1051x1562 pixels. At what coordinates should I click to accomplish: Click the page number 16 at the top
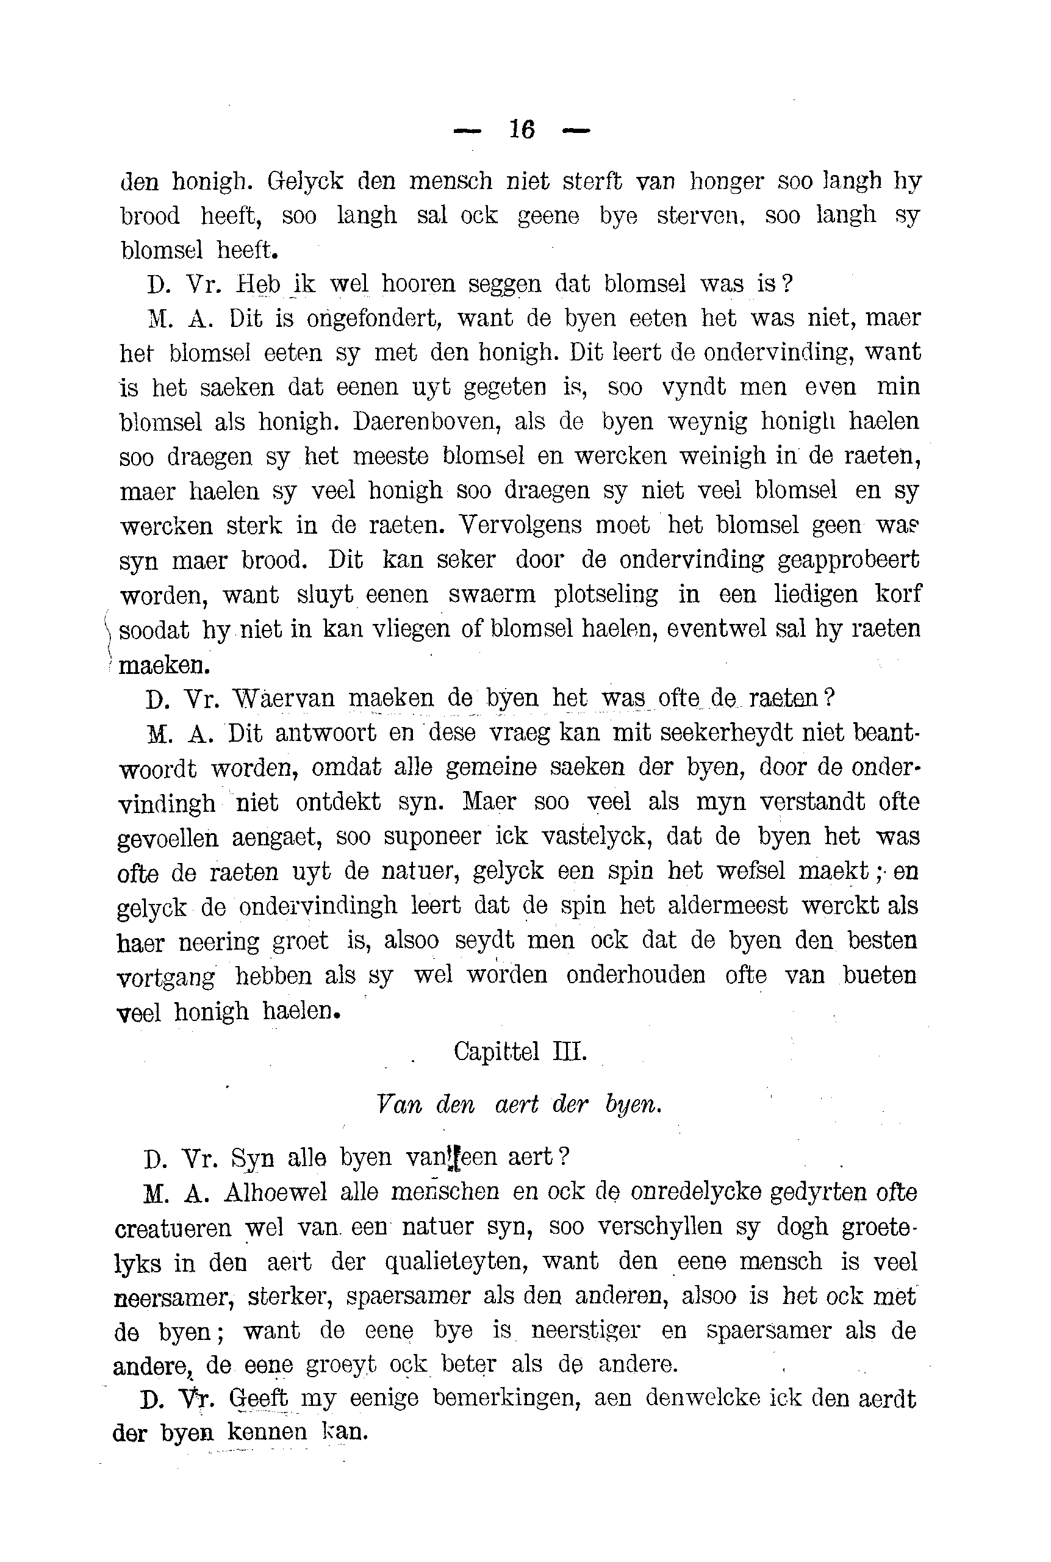click(522, 129)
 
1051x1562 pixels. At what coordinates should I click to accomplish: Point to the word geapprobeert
click(848, 560)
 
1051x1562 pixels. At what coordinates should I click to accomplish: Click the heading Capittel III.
click(520, 1051)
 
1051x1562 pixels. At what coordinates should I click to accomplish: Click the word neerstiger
click(585, 1331)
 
